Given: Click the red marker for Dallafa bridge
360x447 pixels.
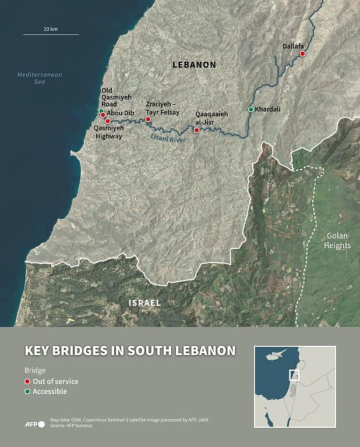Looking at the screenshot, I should (302, 54).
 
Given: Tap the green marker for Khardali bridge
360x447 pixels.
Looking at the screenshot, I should (251, 109).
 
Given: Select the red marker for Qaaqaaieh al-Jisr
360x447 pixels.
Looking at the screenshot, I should (197, 130).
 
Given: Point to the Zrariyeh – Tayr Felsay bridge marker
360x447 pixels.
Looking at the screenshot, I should (148, 119).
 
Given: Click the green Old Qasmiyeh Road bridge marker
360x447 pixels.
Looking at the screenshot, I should (101, 111).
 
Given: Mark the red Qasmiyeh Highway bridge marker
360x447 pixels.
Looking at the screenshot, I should (108, 121).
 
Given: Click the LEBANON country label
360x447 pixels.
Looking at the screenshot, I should (194, 65).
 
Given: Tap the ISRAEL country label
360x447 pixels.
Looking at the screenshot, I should (144, 303).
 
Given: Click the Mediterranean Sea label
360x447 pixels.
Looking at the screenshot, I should (40, 79).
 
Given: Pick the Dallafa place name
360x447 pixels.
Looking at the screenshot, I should (293, 45).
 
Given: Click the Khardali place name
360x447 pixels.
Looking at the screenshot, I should (268, 109).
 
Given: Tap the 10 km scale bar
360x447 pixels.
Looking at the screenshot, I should (51, 34).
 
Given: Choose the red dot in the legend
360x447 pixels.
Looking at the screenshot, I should (27, 382).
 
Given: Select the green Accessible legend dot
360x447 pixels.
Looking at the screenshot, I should (27, 392).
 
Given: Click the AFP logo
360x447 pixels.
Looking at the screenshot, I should (34, 424).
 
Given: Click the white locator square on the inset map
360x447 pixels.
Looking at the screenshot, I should (294, 375).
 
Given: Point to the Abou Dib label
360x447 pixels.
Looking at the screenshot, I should (121, 114).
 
